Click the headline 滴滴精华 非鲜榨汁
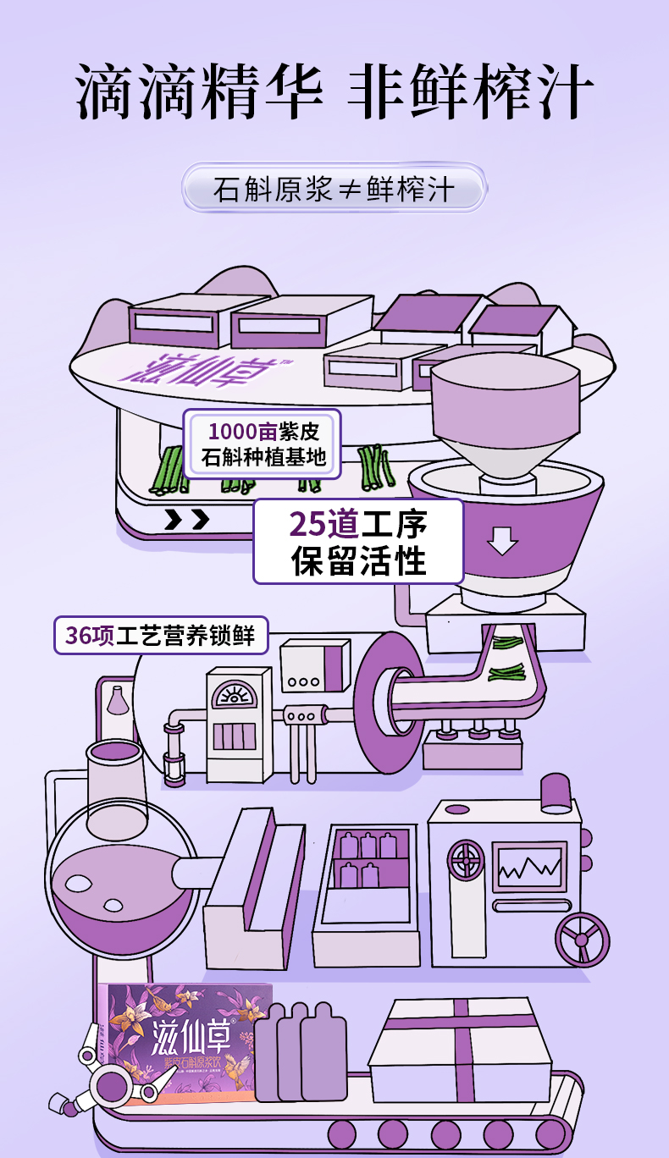coord(334,91)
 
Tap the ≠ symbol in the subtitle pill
coord(350,190)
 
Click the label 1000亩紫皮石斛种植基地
coord(263,444)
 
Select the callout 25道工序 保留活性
coord(358,542)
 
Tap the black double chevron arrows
coord(186,519)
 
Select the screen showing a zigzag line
coord(528,865)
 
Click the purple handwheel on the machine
coord(582,939)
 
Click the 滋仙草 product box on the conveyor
coord(186,1043)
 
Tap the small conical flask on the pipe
coord(118,700)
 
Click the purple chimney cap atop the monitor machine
coord(556,792)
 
